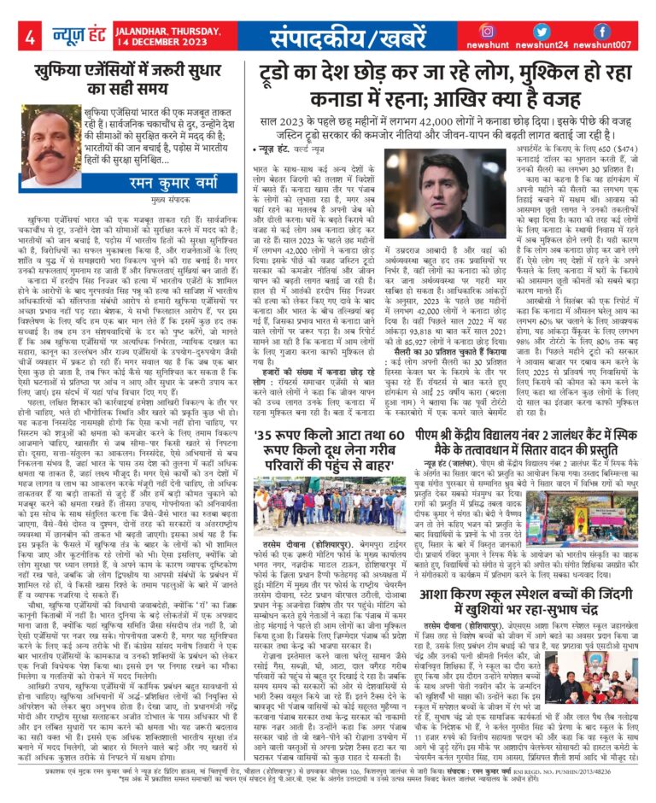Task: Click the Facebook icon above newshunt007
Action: pos(603,31)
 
